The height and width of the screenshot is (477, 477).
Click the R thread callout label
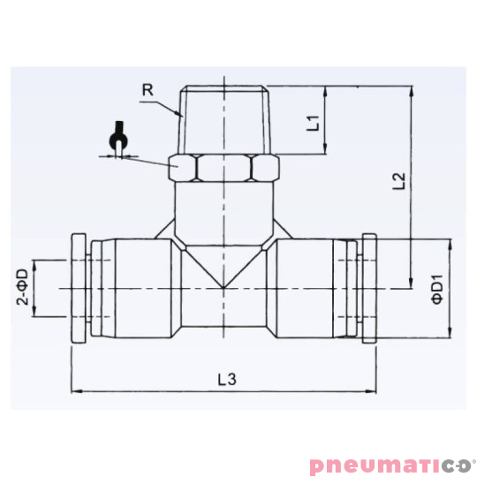pyautogui.click(x=148, y=88)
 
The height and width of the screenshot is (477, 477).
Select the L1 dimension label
pyautogui.click(x=313, y=121)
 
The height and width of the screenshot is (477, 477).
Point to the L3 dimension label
pyautogui.click(x=227, y=379)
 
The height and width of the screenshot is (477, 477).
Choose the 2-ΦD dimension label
pyautogui.click(x=22, y=287)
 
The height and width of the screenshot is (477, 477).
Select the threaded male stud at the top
pyautogui.click(x=224, y=119)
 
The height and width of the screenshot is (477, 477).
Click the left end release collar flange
pyautogui.click(x=79, y=289)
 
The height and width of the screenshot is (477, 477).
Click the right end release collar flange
pyautogui.click(x=370, y=289)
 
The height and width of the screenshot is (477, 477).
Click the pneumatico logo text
pyautogui.click(x=392, y=462)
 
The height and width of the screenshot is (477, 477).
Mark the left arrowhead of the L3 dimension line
pyautogui.click(x=76, y=390)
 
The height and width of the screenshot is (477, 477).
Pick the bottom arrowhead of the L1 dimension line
pyautogui.click(x=327, y=150)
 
